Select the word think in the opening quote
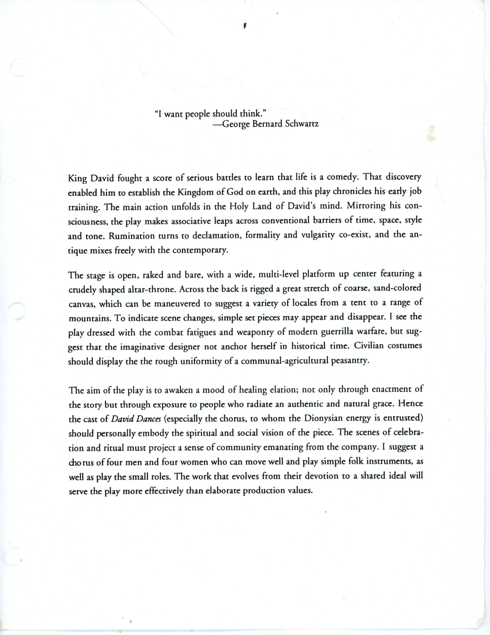pos(250,114)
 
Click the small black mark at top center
pos(245,26)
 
